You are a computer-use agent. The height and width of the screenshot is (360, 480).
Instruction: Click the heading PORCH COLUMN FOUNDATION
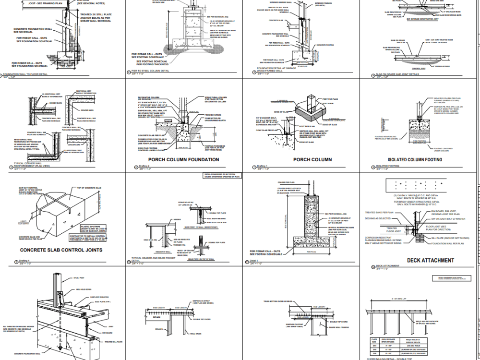coord(183,159)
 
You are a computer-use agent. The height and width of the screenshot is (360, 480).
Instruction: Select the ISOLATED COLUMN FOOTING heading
coord(415,159)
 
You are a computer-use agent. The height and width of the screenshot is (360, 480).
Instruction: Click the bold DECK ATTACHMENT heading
coord(430,260)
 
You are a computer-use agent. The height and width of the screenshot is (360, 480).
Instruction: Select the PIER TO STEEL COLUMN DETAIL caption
coord(151,71)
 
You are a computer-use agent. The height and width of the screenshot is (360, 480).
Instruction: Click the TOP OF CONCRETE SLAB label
coord(87,188)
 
